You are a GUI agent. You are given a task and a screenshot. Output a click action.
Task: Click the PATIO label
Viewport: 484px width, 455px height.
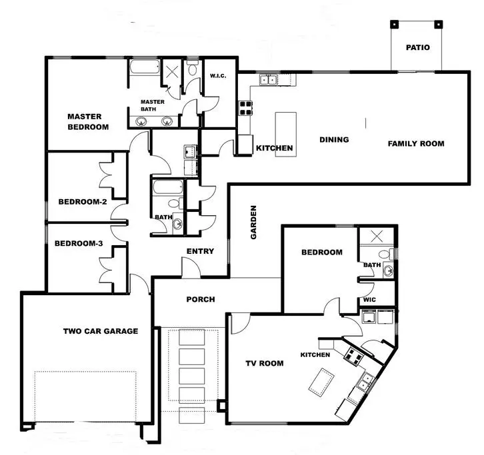pyautogui.click(x=417, y=47)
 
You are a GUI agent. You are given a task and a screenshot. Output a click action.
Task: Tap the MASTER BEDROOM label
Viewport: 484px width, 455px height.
pyautogui.click(x=88, y=122)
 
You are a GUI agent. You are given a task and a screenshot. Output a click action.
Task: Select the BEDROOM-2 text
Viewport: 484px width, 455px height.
pyautogui.click(x=83, y=202)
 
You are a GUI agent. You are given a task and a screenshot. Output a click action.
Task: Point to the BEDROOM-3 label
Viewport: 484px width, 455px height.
pyautogui.click(x=79, y=243)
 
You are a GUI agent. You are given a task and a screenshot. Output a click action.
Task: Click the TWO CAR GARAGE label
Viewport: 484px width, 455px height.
pyautogui.click(x=101, y=331)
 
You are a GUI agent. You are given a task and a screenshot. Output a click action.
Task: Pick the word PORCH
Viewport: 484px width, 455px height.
pyautogui.click(x=201, y=299)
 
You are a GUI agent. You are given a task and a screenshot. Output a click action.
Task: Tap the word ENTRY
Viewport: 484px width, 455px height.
pyautogui.click(x=200, y=251)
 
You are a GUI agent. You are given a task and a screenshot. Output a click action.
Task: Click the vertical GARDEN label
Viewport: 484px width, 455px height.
pyautogui.click(x=253, y=222)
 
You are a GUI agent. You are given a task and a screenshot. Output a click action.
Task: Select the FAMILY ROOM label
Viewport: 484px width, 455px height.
pyautogui.click(x=416, y=143)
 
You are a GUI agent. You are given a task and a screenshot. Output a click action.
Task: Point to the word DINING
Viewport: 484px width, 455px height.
pyautogui.click(x=334, y=140)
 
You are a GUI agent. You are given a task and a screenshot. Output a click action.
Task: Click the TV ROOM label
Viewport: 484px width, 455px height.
pyautogui.click(x=265, y=363)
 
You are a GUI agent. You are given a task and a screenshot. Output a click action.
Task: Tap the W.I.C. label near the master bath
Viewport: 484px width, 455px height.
pyautogui.click(x=218, y=75)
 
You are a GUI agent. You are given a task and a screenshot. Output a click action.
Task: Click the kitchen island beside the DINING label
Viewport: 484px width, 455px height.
pyautogui.click(x=286, y=135)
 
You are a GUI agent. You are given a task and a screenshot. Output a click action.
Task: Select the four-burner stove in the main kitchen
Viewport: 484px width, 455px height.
pyautogui.click(x=245, y=109)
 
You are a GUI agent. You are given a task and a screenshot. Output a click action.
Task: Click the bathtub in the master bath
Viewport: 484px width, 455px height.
pyautogui.click(x=145, y=67)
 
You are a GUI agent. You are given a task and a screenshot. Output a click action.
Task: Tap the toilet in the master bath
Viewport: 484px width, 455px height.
pyautogui.click(x=192, y=69)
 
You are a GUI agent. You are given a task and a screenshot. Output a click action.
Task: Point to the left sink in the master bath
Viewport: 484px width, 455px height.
pyautogui.click(x=141, y=121)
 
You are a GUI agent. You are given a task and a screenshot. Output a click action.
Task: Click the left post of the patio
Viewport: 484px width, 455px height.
pyautogui.click(x=394, y=25)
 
